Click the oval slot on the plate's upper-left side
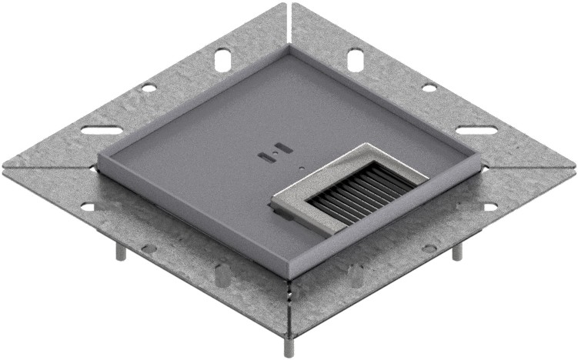tap(221, 58)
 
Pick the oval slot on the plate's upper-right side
tap(355, 58)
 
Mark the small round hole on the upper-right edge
tap(429, 88)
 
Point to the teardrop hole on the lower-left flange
tap(222, 272)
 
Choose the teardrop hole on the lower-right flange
tap(356, 272)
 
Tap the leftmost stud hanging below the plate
tap(121, 252)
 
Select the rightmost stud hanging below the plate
tap(456, 252)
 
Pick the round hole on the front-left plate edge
tap(149, 248)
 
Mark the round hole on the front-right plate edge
tap(429, 248)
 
